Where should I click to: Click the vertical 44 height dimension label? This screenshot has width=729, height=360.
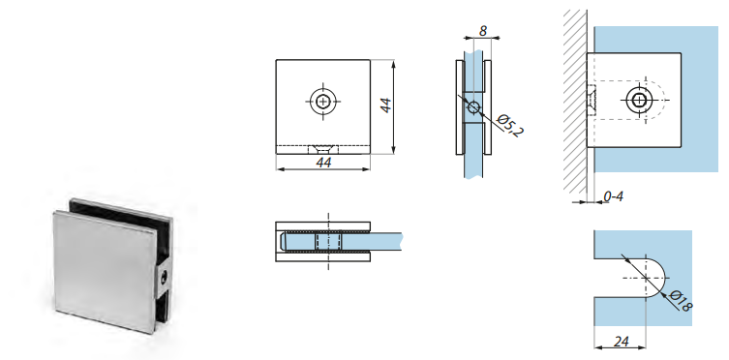point(386,105)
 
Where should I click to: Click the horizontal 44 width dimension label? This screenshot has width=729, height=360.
point(323,163)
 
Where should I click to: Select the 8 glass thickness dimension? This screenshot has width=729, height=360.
point(483,31)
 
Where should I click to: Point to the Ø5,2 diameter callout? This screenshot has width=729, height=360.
point(510,125)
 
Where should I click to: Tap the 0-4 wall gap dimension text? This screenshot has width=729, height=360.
point(613,196)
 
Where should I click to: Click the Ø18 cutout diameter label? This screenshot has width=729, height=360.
point(682,301)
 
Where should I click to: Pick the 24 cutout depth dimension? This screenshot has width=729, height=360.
point(622,342)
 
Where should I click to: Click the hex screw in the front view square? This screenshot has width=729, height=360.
point(323,101)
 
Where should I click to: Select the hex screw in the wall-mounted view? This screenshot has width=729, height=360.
point(640,100)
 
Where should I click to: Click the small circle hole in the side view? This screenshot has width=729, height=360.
point(473,107)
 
